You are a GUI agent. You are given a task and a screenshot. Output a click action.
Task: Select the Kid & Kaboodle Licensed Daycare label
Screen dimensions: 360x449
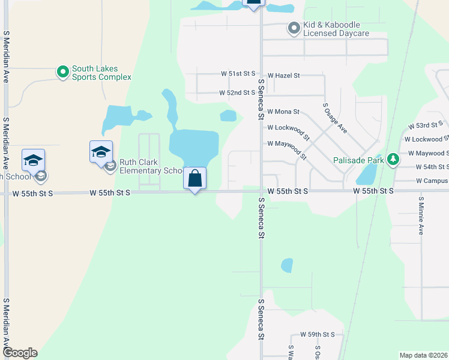[336, 29]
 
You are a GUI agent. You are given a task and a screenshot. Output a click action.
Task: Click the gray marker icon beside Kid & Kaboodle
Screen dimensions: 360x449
[294, 28]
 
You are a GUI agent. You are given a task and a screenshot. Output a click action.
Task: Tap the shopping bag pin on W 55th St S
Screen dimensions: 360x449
[195, 178]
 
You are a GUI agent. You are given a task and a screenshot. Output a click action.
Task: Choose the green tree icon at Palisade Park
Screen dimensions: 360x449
[393, 160]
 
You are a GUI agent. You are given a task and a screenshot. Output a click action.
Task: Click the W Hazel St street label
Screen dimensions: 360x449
[283, 76]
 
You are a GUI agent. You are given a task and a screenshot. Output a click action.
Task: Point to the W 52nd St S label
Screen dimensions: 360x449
[237, 93]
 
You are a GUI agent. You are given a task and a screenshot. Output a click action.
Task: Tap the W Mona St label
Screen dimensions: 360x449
[283, 112]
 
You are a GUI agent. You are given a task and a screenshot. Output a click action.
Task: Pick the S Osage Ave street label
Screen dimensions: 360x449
[336, 117]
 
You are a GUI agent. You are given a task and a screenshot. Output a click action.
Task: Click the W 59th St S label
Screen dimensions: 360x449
[318, 334]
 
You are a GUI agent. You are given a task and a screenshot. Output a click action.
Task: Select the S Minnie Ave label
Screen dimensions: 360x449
[421, 215]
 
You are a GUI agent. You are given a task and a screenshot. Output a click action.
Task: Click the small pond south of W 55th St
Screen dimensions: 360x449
[287, 265]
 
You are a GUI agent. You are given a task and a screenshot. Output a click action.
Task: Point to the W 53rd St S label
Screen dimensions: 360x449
[425, 125]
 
